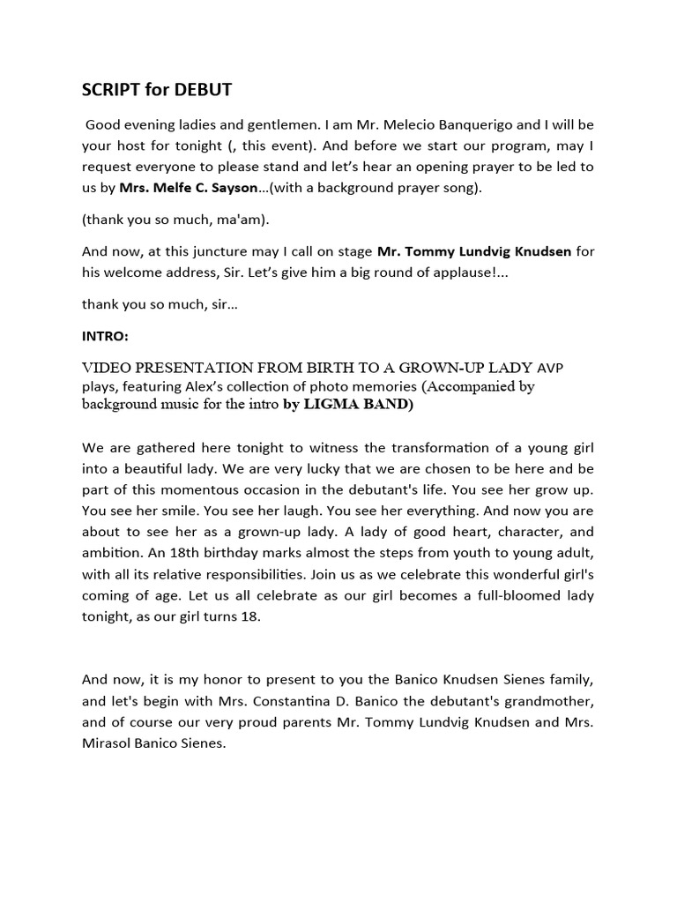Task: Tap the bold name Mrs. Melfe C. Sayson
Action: [190, 187]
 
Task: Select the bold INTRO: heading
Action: [105, 336]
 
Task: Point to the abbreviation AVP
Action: [550, 368]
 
